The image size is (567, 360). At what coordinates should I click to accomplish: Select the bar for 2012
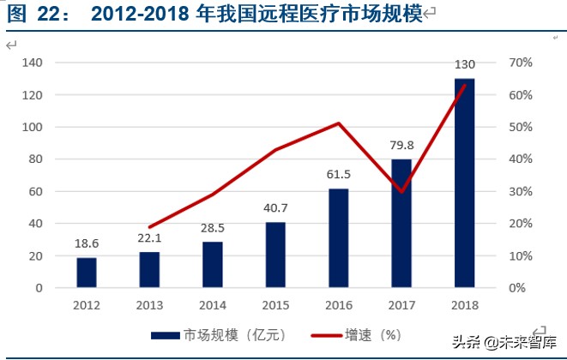click(x=87, y=273)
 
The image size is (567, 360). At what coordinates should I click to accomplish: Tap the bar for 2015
click(x=275, y=255)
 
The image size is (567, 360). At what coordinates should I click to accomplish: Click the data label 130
click(x=464, y=64)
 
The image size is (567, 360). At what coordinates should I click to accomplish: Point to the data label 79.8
click(x=401, y=145)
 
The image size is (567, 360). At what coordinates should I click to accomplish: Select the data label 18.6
click(x=87, y=243)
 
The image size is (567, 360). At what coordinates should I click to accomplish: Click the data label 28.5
click(x=212, y=227)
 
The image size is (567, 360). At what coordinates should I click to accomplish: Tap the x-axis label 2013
click(x=149, y=304)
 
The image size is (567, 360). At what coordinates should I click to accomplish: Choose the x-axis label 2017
click(x=401, y=304)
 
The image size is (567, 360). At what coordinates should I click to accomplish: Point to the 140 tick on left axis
click(x=33, y=63)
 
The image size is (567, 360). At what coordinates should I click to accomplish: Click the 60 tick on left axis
click(x=36, y=191)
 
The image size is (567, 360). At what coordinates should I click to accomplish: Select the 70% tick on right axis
click(x=521, y=63)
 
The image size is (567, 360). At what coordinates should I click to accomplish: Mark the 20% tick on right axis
click(x=521, y=224)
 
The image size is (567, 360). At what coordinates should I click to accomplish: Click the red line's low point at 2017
click(x=401, y=191)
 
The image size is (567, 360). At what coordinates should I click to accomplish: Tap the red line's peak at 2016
click(x=338, y=123)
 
